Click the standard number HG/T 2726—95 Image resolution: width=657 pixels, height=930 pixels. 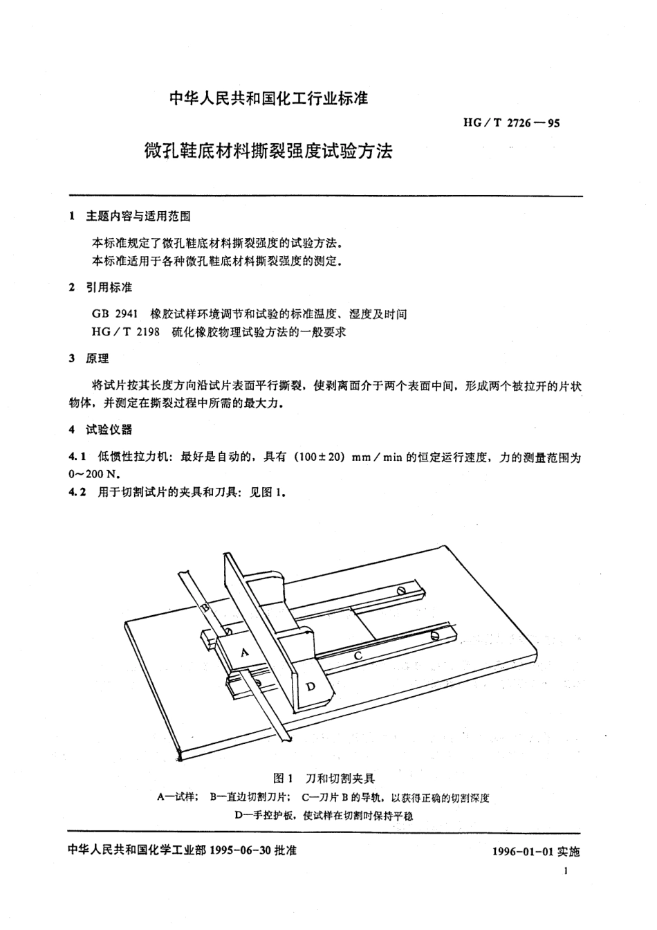click(504, 124)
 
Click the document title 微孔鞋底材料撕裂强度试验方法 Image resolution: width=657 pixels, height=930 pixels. click(268, 151)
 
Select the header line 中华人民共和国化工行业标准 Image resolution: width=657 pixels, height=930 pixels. click(269, 99)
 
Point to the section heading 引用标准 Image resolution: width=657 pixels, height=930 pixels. click(109, 287)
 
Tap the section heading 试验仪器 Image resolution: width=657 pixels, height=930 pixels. click(109, 430)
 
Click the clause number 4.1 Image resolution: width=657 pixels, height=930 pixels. click(76, 457)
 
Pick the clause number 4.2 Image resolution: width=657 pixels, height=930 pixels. click(76, 493)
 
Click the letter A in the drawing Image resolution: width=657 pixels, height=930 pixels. click(244, 652)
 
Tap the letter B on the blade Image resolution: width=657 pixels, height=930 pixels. click(205, 608)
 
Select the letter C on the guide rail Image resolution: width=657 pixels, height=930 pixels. click(358, 654)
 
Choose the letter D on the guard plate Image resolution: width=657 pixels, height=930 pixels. click(311, 686)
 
